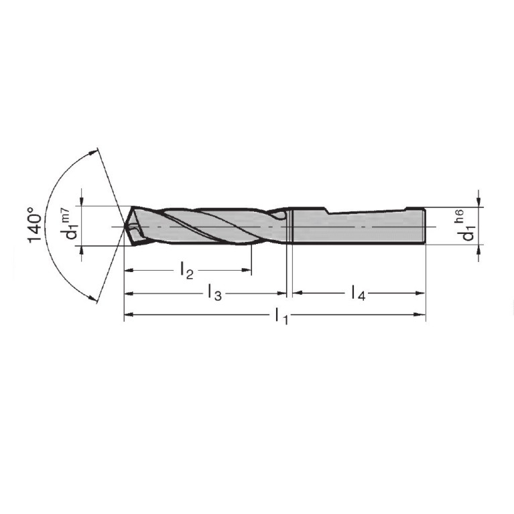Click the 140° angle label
tap(35, 225)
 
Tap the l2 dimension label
tap(187, 271)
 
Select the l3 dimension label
tap(215, 293)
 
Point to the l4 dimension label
tap(358, 293)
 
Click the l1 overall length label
tap(281, 316)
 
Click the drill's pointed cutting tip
tap(125, 227)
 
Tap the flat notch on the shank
tap(367, 211)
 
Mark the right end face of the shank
tap(425, 227)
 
